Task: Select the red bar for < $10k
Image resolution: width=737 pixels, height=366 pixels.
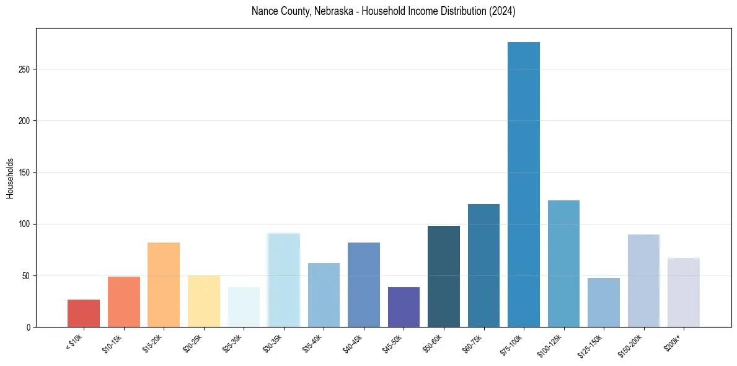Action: [x=84, y=313]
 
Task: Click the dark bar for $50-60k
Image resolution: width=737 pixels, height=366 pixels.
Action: [x=444, y=277]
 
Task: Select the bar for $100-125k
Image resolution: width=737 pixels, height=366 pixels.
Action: [x=563, y=264]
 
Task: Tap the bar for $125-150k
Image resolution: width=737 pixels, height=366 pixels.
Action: [x=604, y=303]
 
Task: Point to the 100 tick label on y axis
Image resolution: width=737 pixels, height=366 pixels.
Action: [x=24, y=224]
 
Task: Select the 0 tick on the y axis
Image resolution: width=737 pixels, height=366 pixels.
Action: [x=28, y=327]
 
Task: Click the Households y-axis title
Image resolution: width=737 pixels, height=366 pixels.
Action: [x=10, y=177]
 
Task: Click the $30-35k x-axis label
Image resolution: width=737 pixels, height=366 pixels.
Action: [x=272, y=344]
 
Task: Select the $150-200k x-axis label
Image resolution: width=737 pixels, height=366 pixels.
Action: [x=630, y=345]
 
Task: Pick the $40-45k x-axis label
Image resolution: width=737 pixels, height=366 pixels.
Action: [x=352, y=344]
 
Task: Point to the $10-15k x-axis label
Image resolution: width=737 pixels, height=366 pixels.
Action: [x=112, y=344]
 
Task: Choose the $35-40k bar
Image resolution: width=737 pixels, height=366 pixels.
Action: [x=324, y=295]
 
